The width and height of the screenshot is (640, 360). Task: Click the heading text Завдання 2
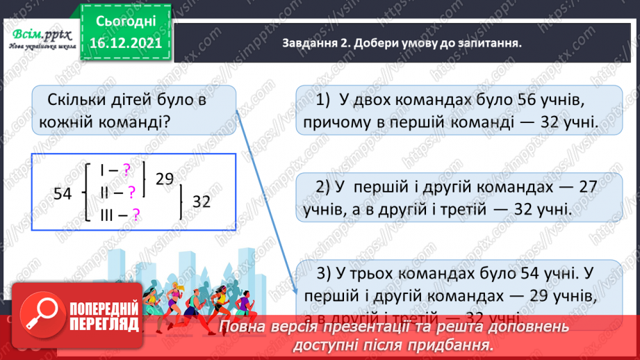point(316,43)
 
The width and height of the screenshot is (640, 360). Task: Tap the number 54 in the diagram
point(63,195)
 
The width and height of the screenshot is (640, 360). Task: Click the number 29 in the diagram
point(164,179)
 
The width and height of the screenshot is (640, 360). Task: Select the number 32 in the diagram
point(201,202)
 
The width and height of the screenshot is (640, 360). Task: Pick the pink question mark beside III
point(136,215)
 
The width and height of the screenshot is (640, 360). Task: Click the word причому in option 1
point(333,123)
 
